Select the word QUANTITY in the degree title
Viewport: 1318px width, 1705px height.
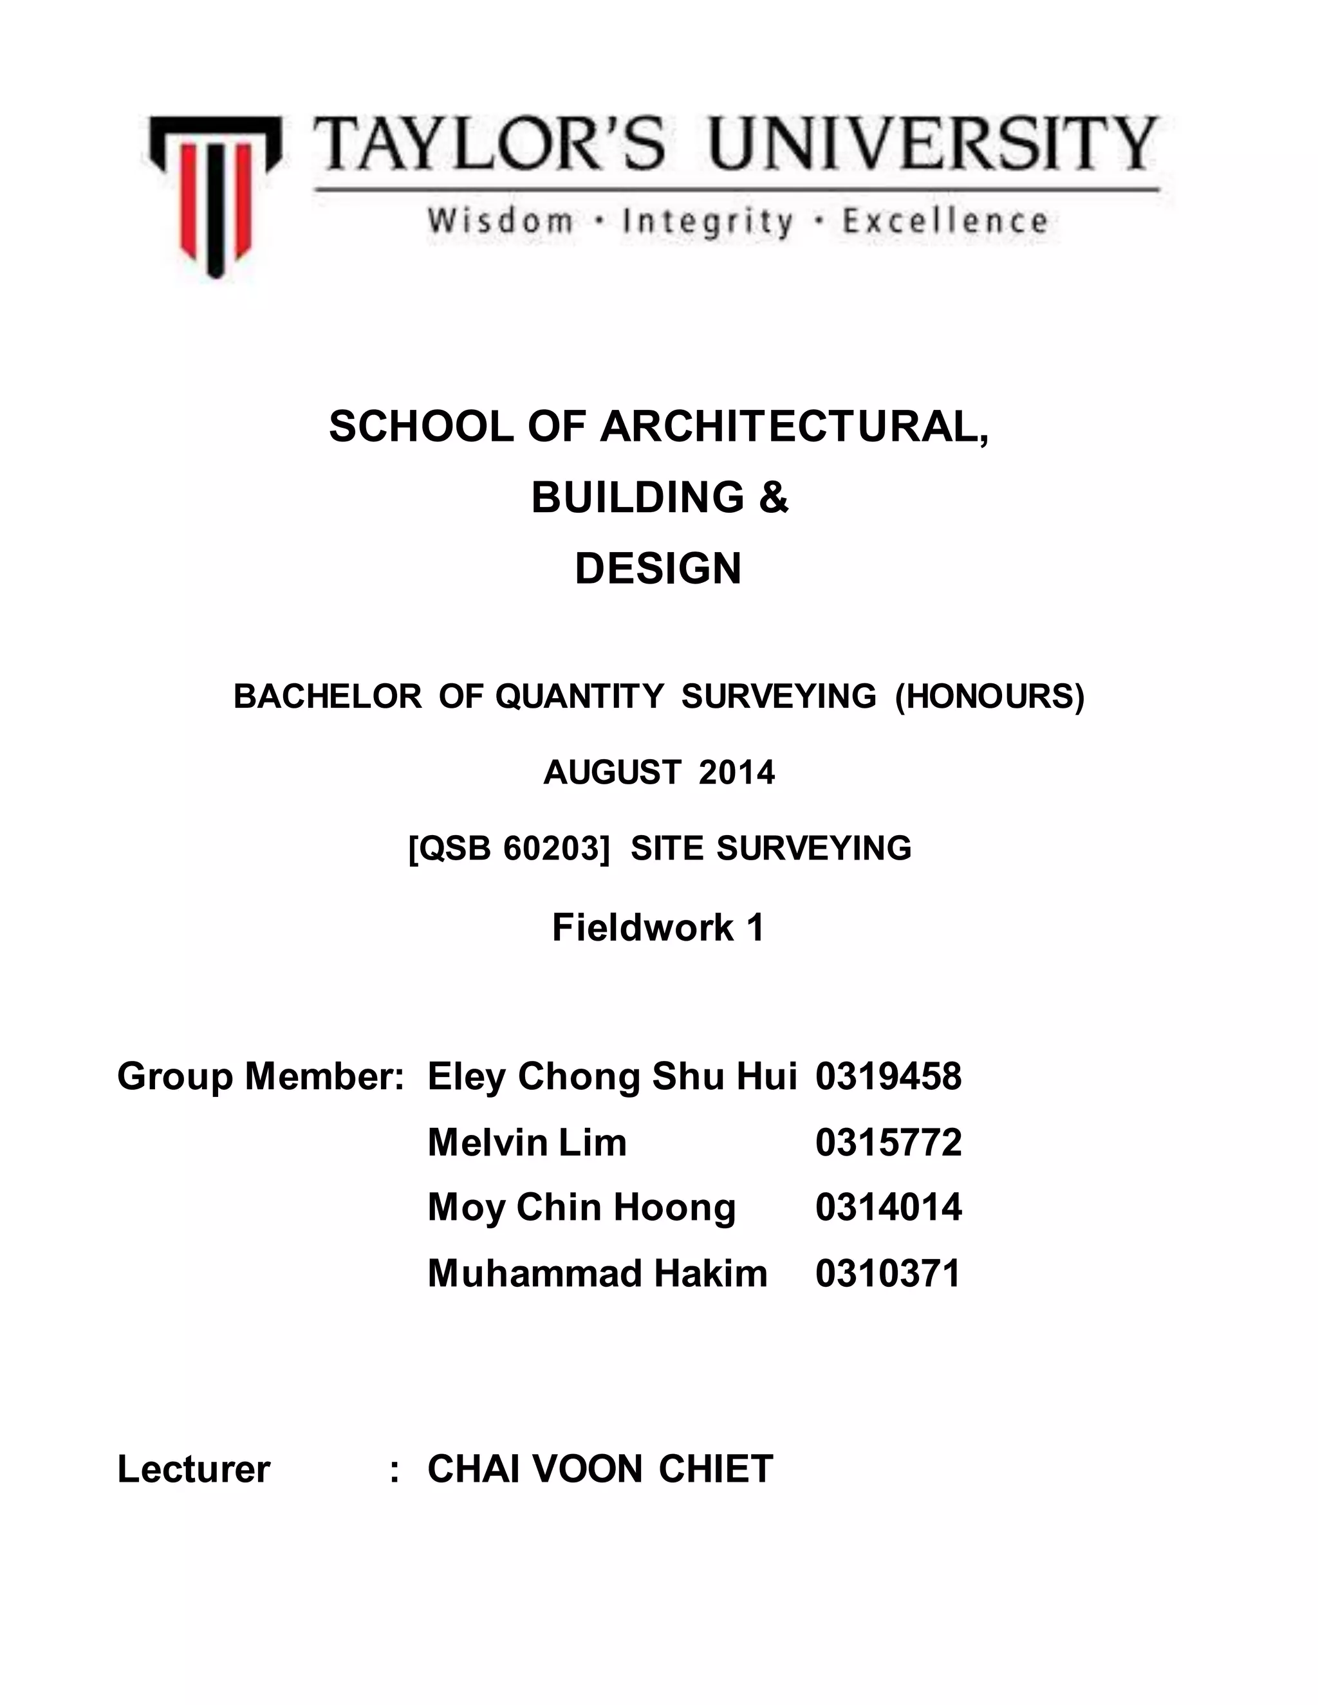coord(579,696)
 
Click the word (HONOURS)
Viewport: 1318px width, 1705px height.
coord(989,696)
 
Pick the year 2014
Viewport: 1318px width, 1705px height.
coord(736,773)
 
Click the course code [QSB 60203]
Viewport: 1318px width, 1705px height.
coord(508,849)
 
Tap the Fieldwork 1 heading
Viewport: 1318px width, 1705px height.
coord(658,927)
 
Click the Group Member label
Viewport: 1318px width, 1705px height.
coord(260,1076)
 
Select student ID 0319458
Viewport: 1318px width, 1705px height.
coord(889,1076)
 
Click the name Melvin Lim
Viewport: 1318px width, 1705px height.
coord(527,1142)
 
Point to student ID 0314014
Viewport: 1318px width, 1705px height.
coord(889,1207)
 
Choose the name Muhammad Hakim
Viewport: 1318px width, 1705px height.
coord(597,1273)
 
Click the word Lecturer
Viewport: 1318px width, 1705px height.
coord(194,1468)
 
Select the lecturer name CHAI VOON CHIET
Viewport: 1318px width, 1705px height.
coord(600,1468)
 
